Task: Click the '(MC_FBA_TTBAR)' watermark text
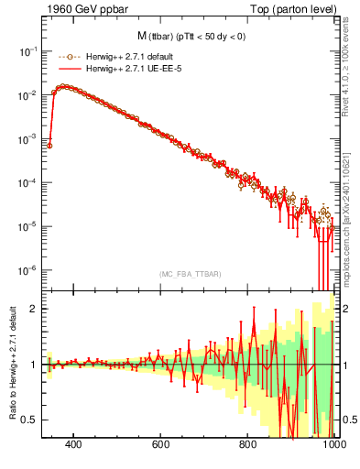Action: (190, 275)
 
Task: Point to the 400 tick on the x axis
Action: (73, 446)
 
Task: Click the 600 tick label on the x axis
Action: (160, 446)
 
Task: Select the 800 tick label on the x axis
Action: (247, 446)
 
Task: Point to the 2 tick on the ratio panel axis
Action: (33, 309)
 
